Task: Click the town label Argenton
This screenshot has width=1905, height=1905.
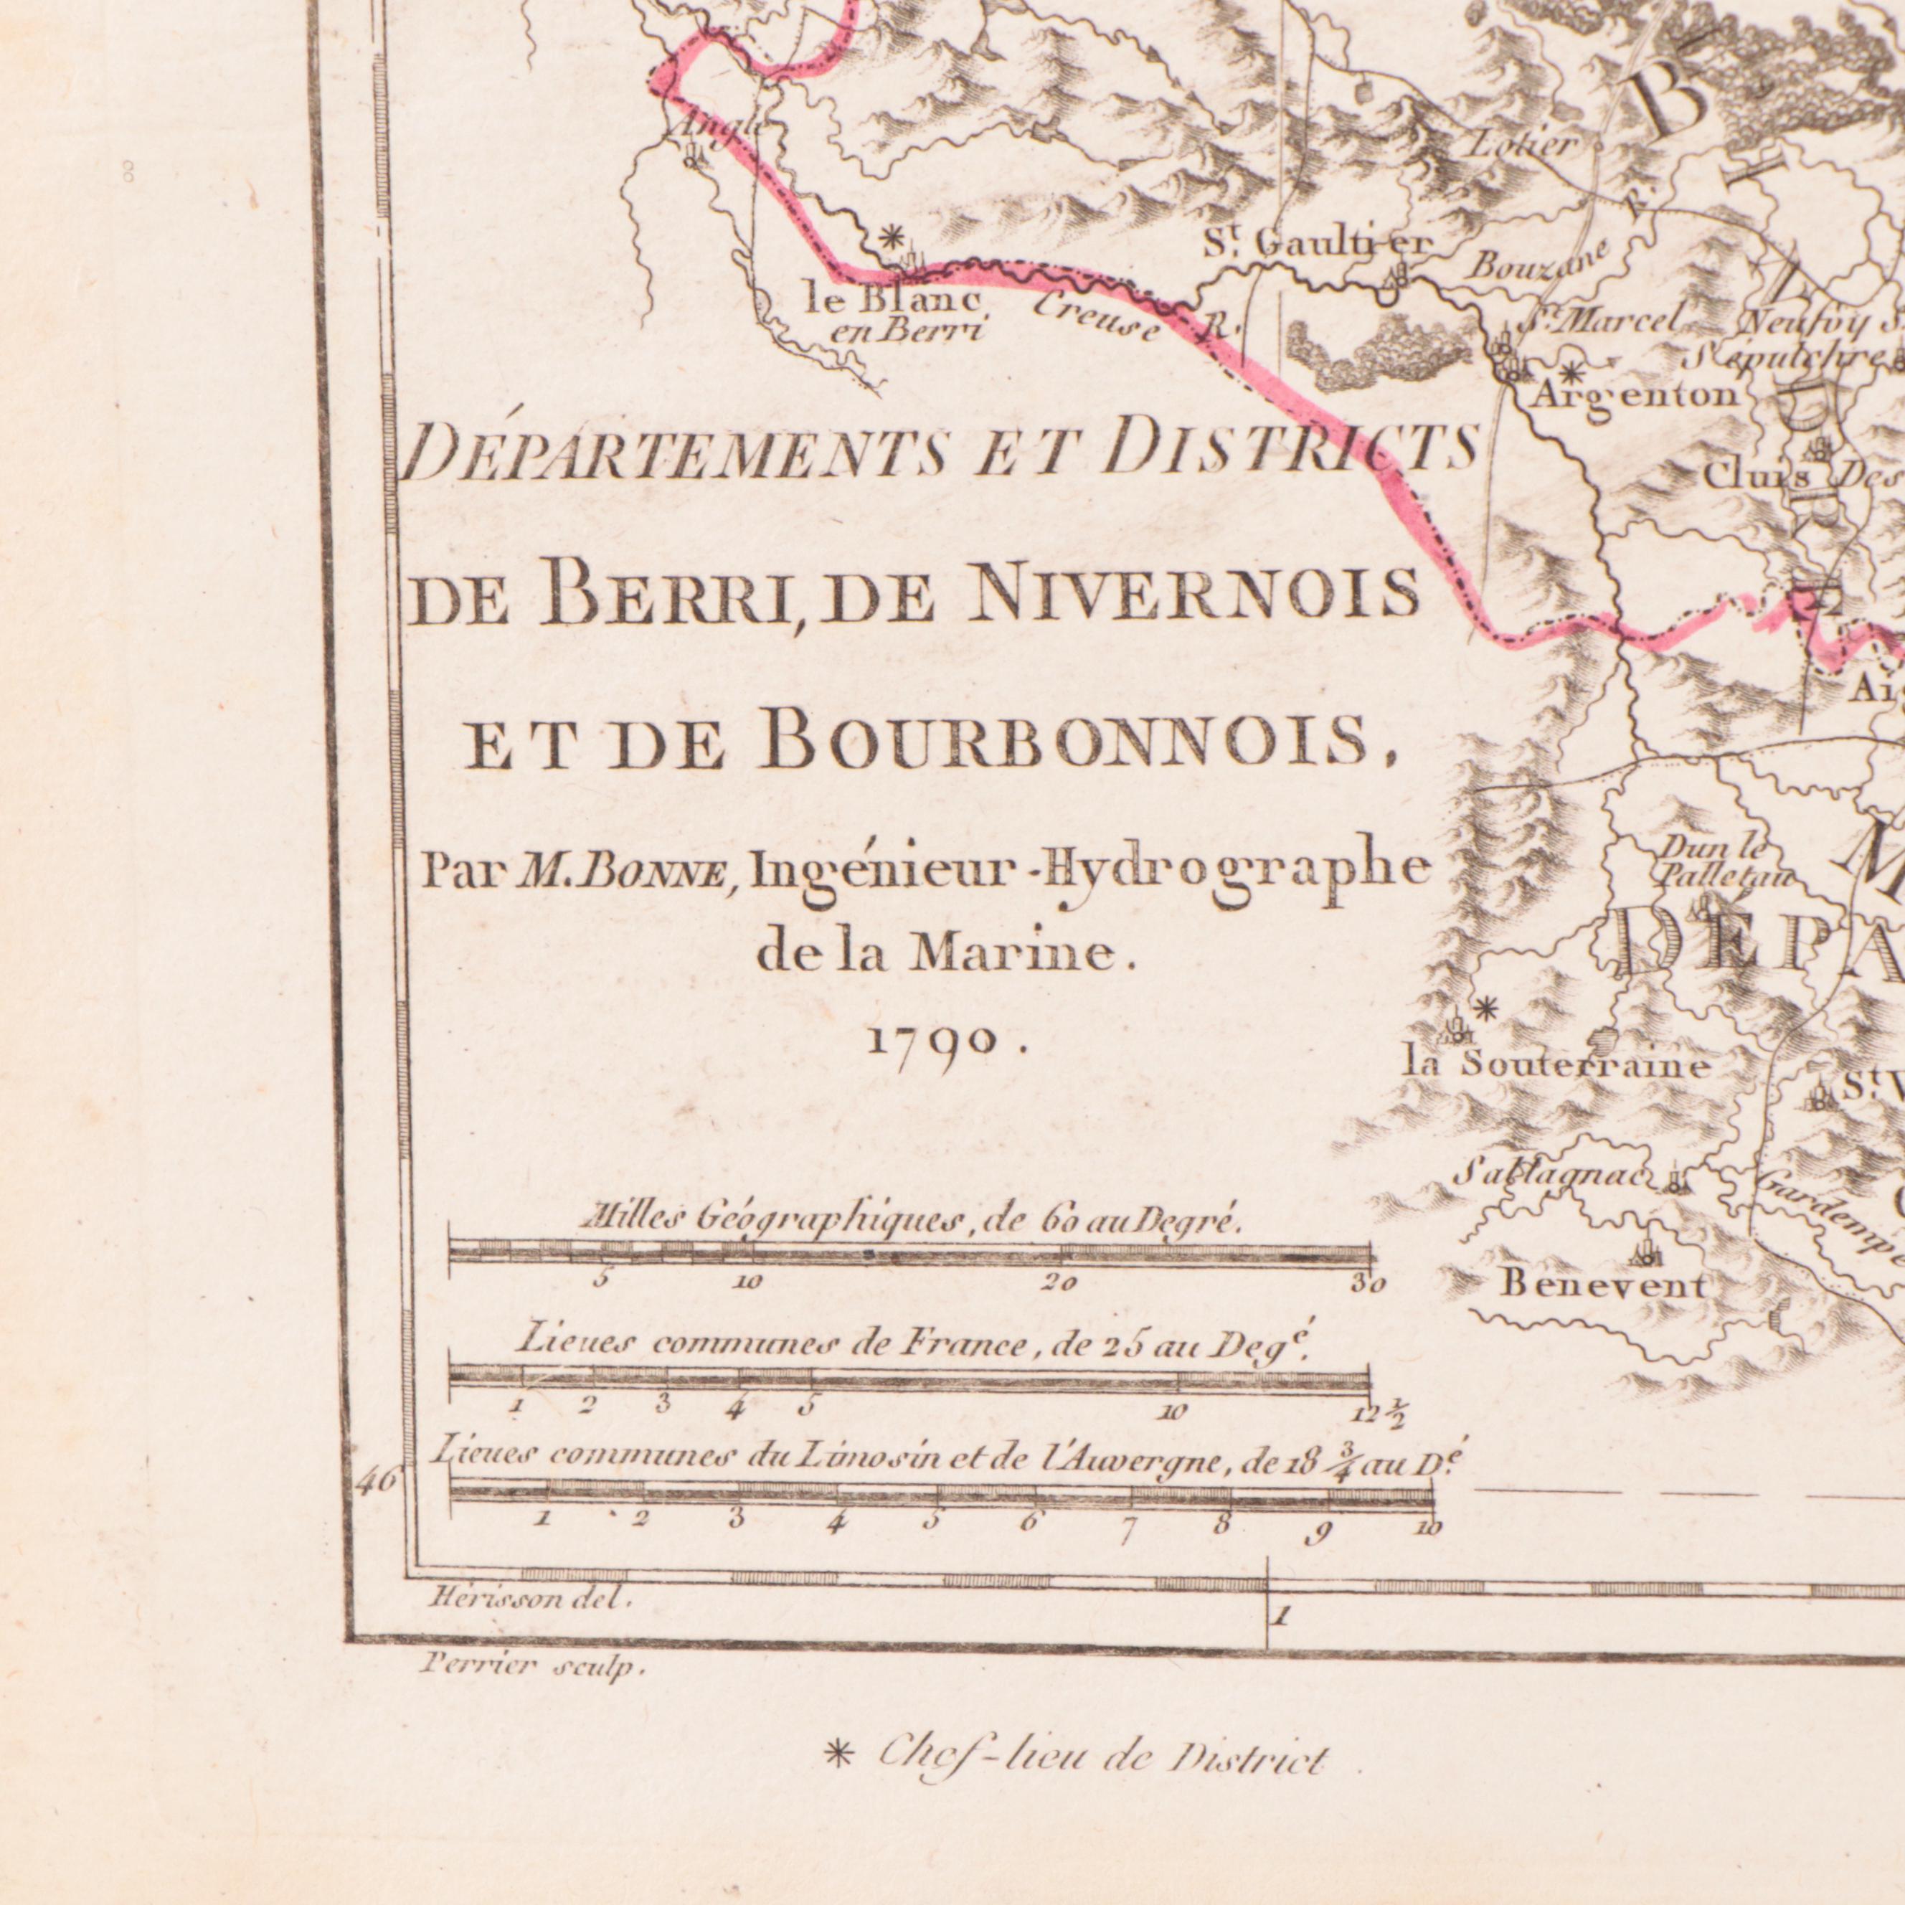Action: (1635, 394)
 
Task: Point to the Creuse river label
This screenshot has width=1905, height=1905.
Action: (1097, 318)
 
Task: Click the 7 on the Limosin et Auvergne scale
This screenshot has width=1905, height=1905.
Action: (1128, 1532)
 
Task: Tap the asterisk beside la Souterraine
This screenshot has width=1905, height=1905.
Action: (1486, 1008)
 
